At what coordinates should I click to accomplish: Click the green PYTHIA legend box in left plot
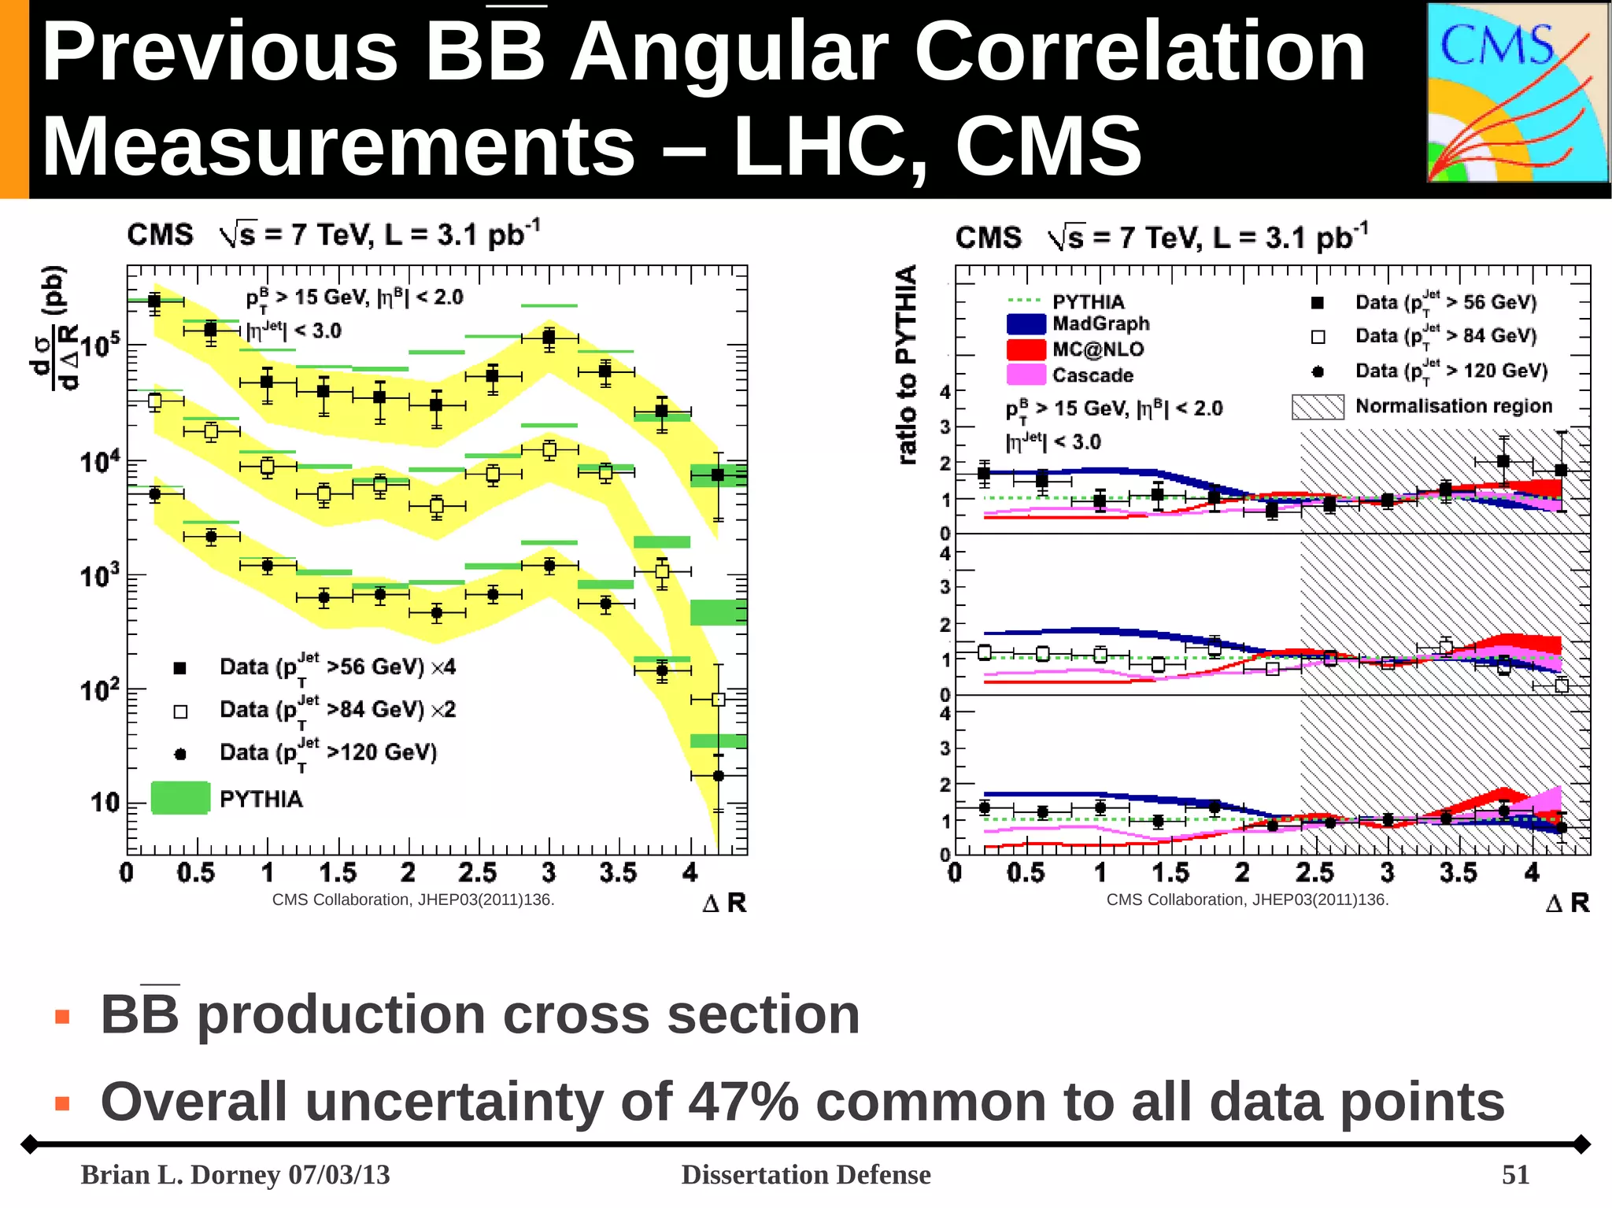pyautogui.click(x=180, y=797)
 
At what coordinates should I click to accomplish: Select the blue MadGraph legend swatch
pyautogui.click(x=1026, y=323)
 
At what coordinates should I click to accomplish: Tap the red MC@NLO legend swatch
pyautogui.click(x=1026, y=349)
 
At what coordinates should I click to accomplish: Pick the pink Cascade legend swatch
pyautogui.click(x=1026, y=375)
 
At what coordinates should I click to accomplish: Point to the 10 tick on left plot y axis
pyautogui.click(x=104, y=803)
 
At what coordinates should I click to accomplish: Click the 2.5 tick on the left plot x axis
pyautogui.click(x=477, y=873)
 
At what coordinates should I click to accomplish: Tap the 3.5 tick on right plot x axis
pyautogui.click(x=1458, y=873)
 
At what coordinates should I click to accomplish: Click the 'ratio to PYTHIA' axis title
pyautogui.click(x=907, y=364)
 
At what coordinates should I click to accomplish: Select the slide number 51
pyautogui.click(x=1515, y=1174)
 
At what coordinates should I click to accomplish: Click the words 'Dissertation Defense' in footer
pyautogui.click(x=805, y=1174)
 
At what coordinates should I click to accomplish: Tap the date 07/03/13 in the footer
pyautogui.click(x=339, y=1174)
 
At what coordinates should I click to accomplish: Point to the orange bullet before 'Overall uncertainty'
pyautogui.click(x=63, y=1103)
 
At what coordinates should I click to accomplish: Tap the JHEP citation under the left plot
pyautogui.click(x=413, y=900)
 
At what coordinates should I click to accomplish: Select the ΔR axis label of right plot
pyautogui.click(x=1567, y=903)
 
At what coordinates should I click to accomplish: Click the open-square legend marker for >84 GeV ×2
pyautogui.click(x=180, y=711)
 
